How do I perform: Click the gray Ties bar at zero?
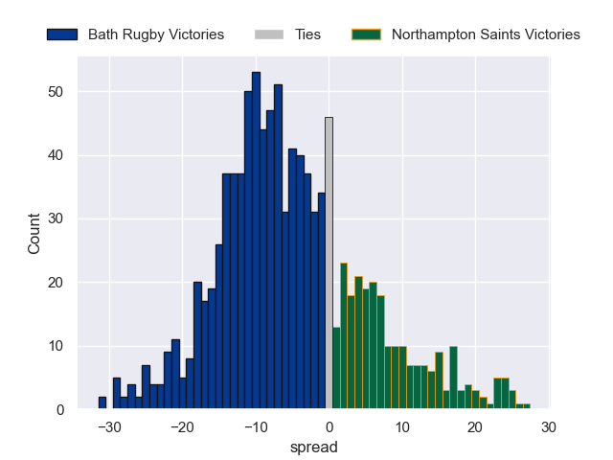[329, 264]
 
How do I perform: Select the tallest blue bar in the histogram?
[256, 241]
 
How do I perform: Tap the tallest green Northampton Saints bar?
[344, 336]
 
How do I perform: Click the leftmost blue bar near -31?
[102, 402]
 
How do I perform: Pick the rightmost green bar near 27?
[526, 406]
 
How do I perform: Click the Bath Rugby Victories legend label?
[156, 34]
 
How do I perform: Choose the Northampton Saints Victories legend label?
[486, 34]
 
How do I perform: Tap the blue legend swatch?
[62, 34]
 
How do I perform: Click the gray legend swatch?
[269, 34]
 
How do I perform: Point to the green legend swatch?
[367, 34]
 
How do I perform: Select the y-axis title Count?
[34, 234]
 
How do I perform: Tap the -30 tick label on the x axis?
[109, 427]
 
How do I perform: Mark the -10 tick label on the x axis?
[256, 427]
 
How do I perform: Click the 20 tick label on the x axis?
[475, 427]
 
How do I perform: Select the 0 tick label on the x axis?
[329, 427]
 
